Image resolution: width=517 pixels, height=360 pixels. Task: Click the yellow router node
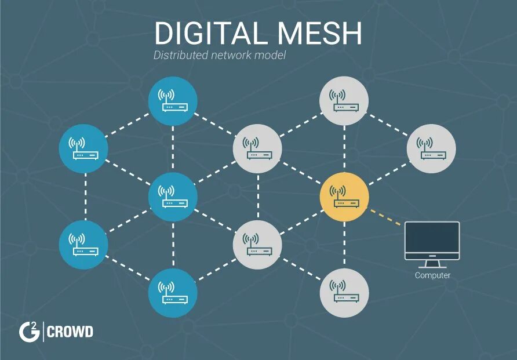pyautogui.click(x=344, y=197)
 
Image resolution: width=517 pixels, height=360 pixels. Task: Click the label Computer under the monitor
pyautogui.click(x=432, y=275)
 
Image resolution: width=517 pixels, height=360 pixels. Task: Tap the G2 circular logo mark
pyautogui.click(x=28, y=332)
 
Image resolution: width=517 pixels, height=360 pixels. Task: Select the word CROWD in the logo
pyautogui.click(x=70, y=332)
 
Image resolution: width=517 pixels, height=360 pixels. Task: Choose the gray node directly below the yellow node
pyautogui.click(x=344, y=292)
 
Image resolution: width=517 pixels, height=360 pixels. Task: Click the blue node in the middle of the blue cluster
pyautogui.click(x=173, y=197)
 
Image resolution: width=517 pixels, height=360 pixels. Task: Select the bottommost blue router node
pyautogui.click(x=173, y=292)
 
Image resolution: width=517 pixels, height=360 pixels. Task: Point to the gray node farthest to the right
pyautogui.click(x=432, y=148)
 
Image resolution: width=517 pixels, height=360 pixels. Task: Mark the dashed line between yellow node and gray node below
pyautogui.click(x=344, y=245)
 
